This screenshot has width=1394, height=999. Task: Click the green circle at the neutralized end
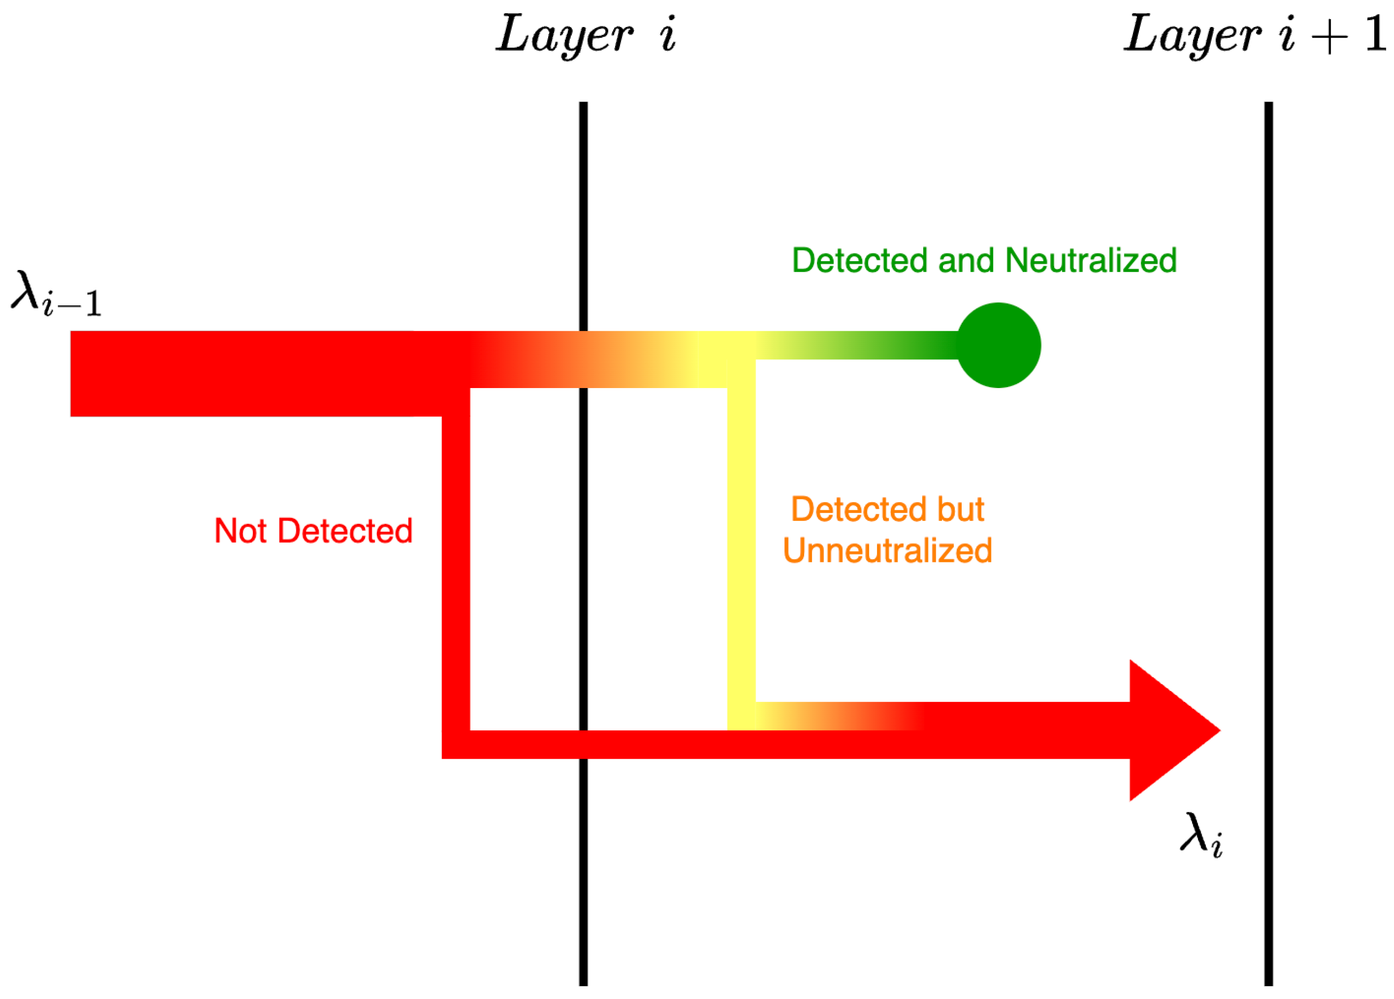(x=998, y=346)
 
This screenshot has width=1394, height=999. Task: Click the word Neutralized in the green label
(x=1090, y=260)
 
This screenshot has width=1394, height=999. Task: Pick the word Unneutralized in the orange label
(x=887, y=551)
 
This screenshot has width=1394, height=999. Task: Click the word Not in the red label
(x=240, y=531)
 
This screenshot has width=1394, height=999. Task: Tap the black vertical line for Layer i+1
(x=1269, y=553)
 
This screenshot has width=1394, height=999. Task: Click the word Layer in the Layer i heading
(x=564, y=35)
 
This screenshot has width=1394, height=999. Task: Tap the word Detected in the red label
(x=345, y=531)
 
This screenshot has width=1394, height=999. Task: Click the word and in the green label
(x=966, y=260)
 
